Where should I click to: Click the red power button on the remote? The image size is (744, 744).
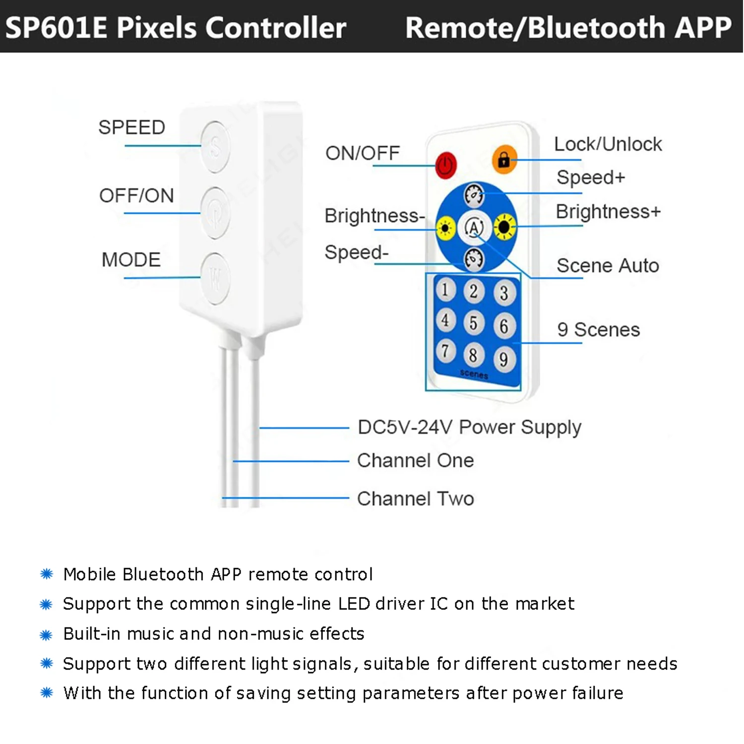coord(445,165)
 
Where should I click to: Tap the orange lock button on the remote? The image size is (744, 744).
coord(504,159)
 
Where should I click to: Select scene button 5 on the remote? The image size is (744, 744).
coord(474,323)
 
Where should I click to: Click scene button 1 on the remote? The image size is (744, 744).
coord(445,290)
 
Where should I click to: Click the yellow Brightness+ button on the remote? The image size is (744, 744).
coord(504,227)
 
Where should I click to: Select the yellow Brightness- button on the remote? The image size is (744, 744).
coord(445,228)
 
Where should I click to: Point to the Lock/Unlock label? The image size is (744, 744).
coord(608,144)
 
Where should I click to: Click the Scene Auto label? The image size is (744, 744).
coord(608,266)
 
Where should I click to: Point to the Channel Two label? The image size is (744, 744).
coord(415,498)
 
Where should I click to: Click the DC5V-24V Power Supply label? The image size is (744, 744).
coord(469,427)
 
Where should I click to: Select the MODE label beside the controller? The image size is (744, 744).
coord(131,260)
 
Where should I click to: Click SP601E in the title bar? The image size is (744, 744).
coord(56,27)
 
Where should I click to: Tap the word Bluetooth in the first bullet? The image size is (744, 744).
coord(163,574)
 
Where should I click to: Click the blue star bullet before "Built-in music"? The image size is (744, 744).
coord(46,634)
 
